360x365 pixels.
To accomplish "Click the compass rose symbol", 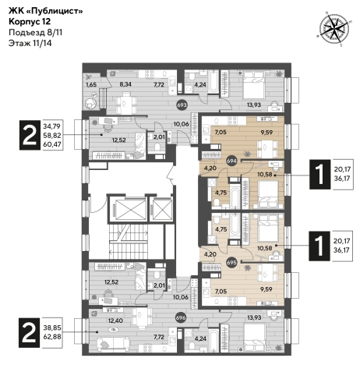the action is point(334,29).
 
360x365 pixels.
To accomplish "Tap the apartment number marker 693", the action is point(182,105).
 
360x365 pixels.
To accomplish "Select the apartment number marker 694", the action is point(231,161).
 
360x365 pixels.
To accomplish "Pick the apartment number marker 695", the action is point(231,262).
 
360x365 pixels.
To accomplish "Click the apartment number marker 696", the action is point(181,317).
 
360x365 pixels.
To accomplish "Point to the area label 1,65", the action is point(91,84).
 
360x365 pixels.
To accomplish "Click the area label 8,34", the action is point(125,84).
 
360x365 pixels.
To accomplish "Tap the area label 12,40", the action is point(115,321).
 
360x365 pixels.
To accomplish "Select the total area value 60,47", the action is point(52,144).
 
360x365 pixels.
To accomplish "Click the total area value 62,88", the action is point(52,337).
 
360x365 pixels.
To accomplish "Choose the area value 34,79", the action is point(52,126).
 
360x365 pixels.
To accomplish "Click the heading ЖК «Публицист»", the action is point(46,11).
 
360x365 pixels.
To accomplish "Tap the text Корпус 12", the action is point(30,22).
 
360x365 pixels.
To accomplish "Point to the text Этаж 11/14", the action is point(30,43).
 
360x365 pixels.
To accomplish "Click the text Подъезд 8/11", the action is point(35,33).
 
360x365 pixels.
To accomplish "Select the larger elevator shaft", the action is point(128,209).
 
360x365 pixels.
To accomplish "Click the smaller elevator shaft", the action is point(162,209).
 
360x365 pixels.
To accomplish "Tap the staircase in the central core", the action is point(129,242).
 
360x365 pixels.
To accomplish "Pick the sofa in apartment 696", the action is point(113,344).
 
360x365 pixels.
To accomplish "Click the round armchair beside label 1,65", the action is point(90,103).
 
